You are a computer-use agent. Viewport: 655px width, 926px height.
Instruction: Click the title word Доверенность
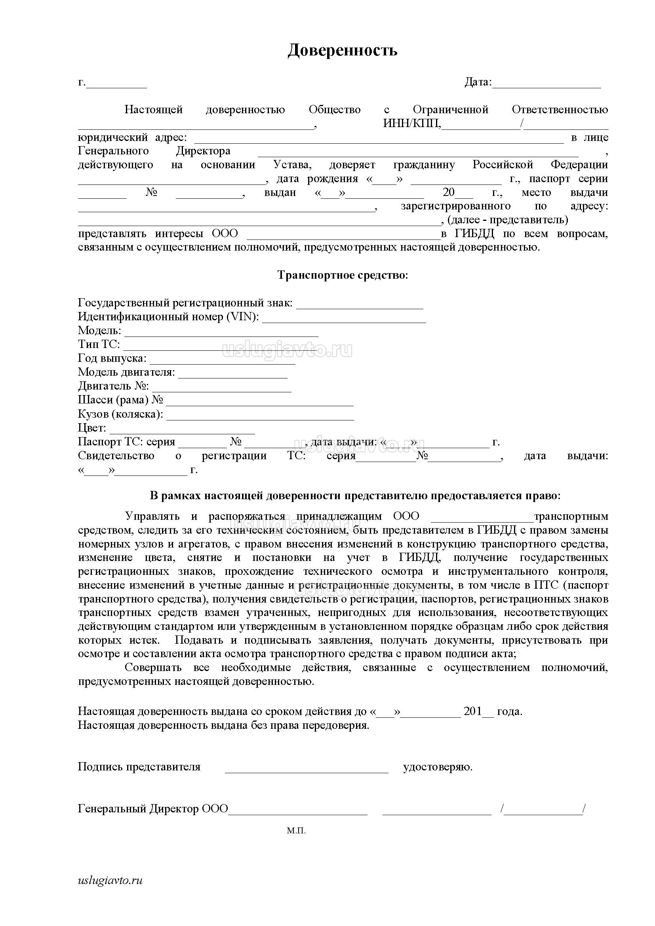[343, 50]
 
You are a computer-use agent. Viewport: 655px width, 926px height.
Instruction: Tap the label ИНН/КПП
[412, 124]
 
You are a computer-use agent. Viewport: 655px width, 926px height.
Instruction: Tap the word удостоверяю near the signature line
[438, 767]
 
